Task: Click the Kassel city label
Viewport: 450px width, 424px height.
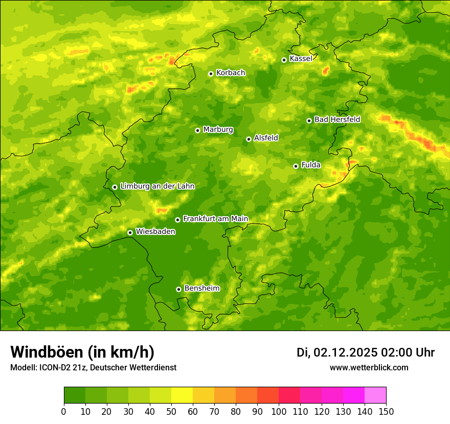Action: pyautogui.click(x=301, y=59)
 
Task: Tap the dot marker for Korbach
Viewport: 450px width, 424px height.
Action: pyautogui.click(x=211, y=74)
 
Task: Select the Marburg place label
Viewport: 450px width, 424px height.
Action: pyautogui.click(x=218, y=130)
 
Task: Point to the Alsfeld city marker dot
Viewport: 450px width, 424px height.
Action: pyautogui.click(x=249, y=139)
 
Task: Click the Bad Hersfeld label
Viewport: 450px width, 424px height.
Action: pyautogui.click(x=337, y=120)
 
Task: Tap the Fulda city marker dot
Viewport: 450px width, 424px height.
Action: pyautogui.click(x=296, y=166)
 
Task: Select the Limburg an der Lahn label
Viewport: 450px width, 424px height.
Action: pyautogui.click(x=157, y=186)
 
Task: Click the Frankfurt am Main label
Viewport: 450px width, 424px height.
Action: pyautogui.click(x=215, y=219)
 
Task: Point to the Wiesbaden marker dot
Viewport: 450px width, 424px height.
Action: pyautogui.click(x=130, y=232)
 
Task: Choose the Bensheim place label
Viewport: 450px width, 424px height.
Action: pyautogui.click(x=201, y=288)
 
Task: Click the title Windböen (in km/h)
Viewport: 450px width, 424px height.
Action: pyautogui.click(x=82, y=352)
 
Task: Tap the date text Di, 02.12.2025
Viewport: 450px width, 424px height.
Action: pyautogui.click(x=337, y=352)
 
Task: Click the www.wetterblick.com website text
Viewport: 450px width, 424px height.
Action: pyautogui.click(x=369, y=367)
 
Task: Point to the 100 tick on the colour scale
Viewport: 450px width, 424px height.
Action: pyautogui.click(x=279, y=411)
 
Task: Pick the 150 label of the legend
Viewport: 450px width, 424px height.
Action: pyautogui.click(x=386, y=411)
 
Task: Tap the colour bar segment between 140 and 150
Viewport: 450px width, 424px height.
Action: pyautogui.click(x=375, y=395)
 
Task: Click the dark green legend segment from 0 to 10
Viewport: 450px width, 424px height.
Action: pyautogui.click(x=75, y=395)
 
